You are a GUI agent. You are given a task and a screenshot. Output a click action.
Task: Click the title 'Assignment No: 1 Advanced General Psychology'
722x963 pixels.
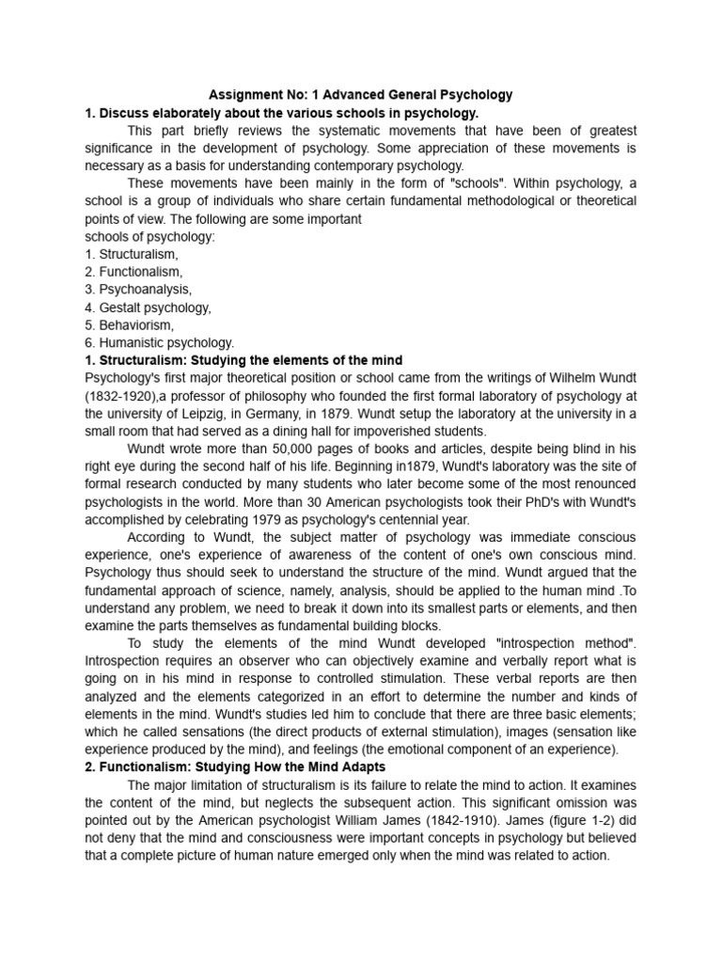coord(360,95)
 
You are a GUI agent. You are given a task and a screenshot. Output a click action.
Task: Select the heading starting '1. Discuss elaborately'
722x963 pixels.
coord(281,113)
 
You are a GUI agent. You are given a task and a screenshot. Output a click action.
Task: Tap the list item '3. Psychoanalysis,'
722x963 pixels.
coord(137,289)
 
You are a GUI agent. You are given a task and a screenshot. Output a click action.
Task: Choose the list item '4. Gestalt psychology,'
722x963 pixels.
coord(148,307)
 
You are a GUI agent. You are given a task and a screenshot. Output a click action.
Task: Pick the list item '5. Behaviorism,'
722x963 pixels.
coord(129,324)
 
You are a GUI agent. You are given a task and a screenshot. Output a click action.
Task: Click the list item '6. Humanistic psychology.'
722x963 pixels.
coord(159,342)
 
